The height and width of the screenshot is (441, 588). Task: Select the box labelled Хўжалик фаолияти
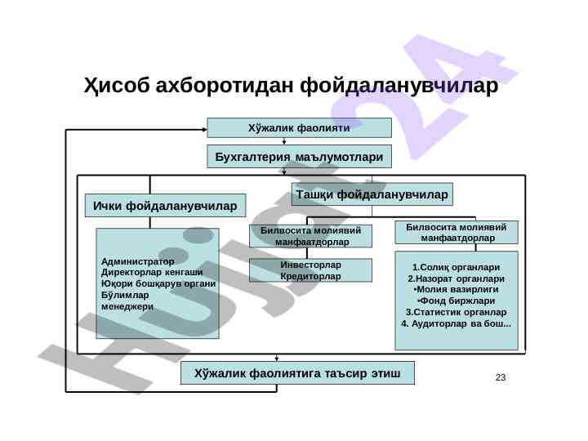pyautogui.click(x=299, y=128)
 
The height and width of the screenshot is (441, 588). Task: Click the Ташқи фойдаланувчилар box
pyautogui.click(x=372, y=194)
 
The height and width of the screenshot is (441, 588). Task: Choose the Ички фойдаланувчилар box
pyautogui.click(x=165, y=205)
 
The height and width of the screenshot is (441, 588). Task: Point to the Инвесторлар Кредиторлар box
pyautogui.click(x=310, y=270)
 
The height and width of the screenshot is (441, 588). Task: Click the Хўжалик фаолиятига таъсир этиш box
pyautogui.click(x=297, y=373)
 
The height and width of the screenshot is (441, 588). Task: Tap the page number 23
pyautogui.click(x=501, y=377)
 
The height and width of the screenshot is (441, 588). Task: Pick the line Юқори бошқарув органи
pyautogui.click(x=158, y=283)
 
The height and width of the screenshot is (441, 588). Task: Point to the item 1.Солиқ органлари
pyautogui.click(x=457, y=267)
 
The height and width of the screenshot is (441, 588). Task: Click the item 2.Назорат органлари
pyautogui.click(x=457, y=278)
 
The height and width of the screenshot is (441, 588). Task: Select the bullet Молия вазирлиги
pyautogui.click(x=457, y=290)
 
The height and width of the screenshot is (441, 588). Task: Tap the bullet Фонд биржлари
pyautogui.click(x=457, y=301)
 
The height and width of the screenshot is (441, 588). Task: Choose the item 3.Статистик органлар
pyautogui.click(x=457, y=313)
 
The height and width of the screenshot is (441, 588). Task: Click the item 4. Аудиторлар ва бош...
pyautogui.click(x=457, y=324)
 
